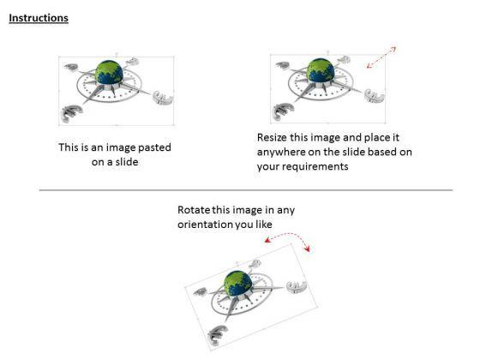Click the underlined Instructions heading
(39, 18)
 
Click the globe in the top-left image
(109, 72)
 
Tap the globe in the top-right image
(321, 70)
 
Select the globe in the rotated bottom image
(238, 283)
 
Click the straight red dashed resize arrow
(381, 57)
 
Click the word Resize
(272, 137)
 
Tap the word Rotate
(194, 210)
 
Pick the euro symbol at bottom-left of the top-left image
(72, 113)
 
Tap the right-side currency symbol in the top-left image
(163, 98)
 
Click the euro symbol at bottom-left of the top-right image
(284, 111)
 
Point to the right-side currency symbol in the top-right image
(374, 96)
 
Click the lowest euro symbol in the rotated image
(218, 334)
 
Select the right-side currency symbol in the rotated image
(296, 287)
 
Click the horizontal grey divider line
(246, 190)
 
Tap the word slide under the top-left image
(126, 162)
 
